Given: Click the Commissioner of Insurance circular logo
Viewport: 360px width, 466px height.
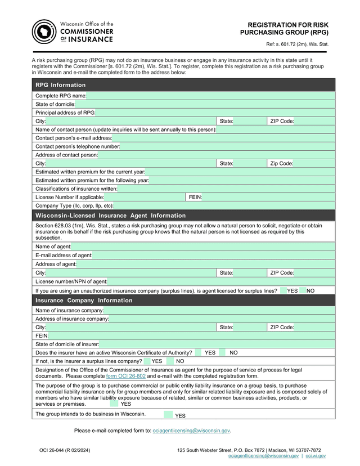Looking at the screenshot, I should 44,32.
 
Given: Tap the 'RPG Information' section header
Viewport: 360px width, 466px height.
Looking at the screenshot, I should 61,85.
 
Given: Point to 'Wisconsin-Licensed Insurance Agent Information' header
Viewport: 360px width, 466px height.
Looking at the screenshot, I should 110,216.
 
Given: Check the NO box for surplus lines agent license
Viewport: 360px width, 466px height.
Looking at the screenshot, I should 303,290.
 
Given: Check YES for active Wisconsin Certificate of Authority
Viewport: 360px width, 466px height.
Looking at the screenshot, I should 198,352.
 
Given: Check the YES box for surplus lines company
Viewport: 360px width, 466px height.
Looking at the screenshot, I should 147,361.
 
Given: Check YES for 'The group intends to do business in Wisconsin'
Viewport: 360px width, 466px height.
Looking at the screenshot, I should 168,415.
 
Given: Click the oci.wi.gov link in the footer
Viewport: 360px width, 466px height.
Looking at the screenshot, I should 316,456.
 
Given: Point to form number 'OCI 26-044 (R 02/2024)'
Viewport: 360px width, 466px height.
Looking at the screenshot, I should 65,450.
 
